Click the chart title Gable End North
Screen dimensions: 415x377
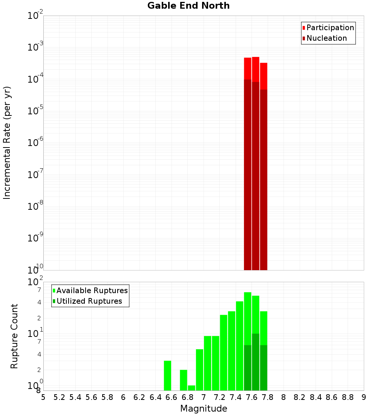pos(188,6)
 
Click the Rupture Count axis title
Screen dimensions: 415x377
pos(14,336)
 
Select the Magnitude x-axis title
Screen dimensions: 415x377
pos(204,409)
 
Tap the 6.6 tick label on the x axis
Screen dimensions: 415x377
pos(172,397)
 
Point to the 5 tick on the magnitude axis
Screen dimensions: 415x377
pos(43,397)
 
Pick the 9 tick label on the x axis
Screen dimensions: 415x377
pos(364,397)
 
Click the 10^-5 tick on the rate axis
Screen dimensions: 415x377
pos(36,111)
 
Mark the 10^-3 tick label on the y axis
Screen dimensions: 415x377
pos(36,48)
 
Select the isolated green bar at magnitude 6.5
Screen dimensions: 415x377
pos(167,375)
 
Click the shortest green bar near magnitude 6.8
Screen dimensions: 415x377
pos(192,388)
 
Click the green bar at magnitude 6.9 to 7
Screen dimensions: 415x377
pos(199,370)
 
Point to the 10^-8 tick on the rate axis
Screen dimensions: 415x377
pos(36,206)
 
